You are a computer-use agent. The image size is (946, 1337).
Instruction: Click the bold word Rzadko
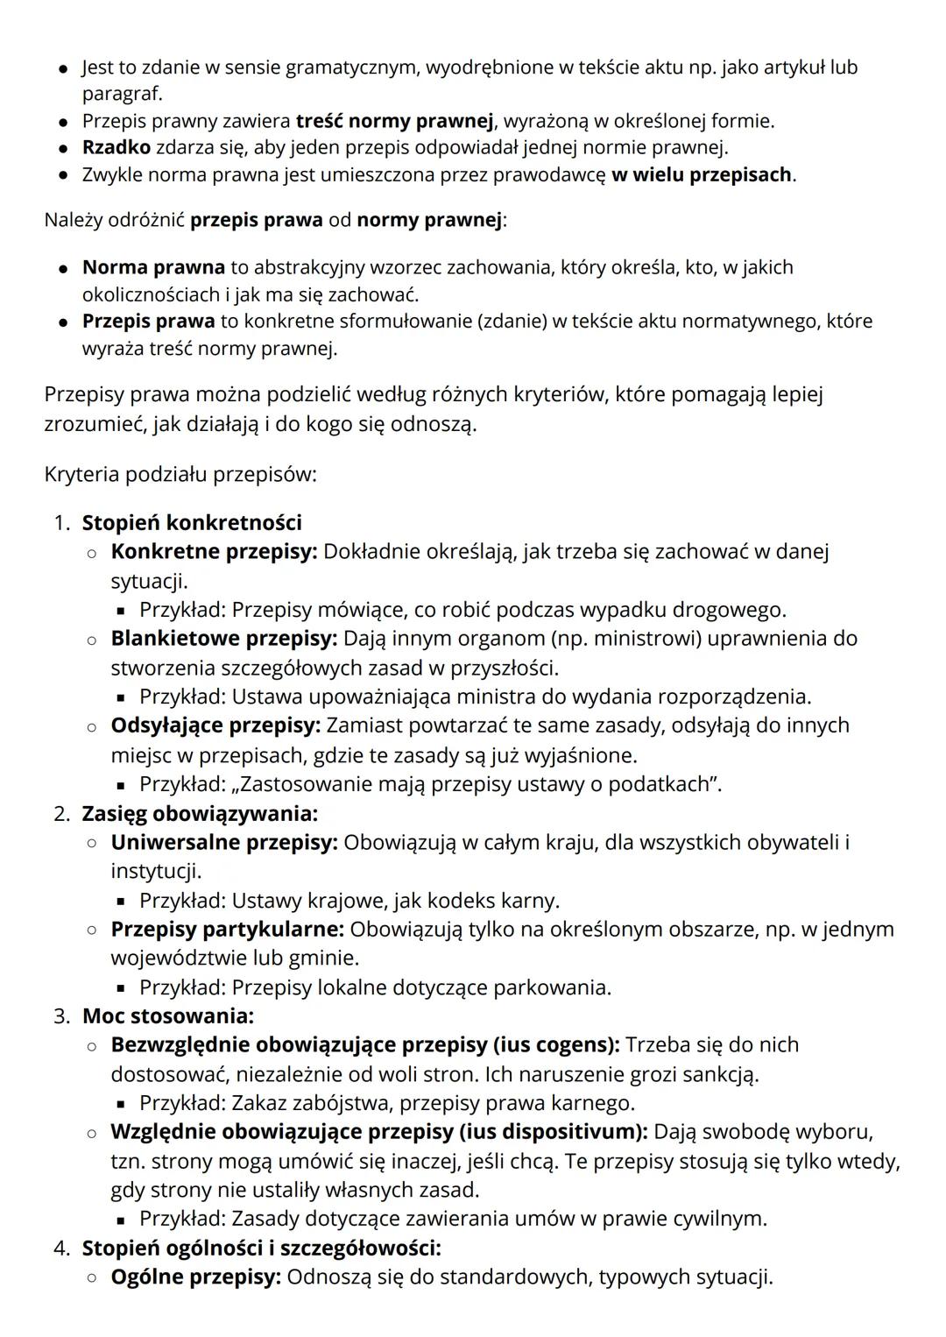tap(116, 147)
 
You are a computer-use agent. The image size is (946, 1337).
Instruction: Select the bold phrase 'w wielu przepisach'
tap(702, 174)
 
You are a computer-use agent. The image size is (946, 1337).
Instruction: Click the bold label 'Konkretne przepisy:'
tap(214, 551)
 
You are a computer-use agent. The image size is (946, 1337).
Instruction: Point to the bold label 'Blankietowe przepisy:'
tap(223, 638)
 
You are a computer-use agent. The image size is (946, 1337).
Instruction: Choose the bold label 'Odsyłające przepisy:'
tap(215, 725)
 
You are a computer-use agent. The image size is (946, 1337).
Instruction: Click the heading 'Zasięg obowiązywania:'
tap(200, 813)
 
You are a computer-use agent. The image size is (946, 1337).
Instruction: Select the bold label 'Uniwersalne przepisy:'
tap(223, 842)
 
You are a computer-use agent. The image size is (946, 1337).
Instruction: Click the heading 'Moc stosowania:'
tap(167, 1015)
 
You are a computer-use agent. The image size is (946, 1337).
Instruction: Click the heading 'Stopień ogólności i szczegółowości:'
tap(261, 1247)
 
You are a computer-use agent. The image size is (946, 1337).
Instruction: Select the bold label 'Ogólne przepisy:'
tap(195, 1277)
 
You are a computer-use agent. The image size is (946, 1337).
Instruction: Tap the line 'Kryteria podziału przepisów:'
tap(180, 474)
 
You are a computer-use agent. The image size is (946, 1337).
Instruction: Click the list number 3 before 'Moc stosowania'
tap(60, 1015)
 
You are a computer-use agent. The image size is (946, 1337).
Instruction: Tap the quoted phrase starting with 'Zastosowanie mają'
tap(477, 783)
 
